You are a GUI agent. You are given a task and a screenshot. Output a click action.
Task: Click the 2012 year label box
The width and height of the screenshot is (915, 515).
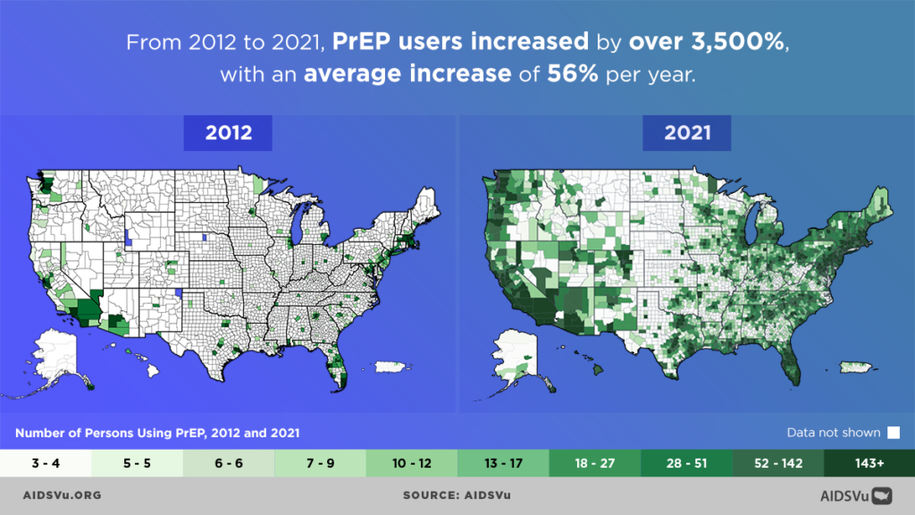pos(229,133)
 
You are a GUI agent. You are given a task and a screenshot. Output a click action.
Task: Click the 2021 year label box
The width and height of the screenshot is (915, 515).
pos(687,133)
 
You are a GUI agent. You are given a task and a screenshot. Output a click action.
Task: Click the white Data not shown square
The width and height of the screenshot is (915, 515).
pos(893,433)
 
